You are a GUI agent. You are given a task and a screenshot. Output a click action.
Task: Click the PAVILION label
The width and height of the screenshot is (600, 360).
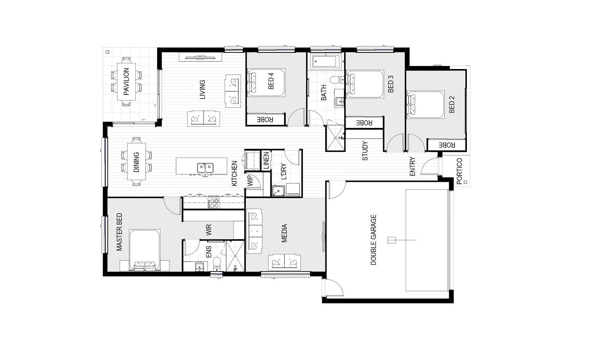click(126, 81)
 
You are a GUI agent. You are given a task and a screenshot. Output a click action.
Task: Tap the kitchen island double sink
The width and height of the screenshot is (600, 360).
click(205, 168)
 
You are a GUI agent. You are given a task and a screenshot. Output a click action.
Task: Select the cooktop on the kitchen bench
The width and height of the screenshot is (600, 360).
click(214, 203)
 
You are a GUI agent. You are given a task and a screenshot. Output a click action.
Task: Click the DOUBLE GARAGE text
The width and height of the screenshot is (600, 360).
click(373, 240)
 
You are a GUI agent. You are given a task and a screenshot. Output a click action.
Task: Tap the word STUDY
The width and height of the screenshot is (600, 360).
click(365, 151)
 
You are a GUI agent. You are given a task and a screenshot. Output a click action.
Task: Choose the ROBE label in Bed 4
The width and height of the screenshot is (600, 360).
click(265, 120)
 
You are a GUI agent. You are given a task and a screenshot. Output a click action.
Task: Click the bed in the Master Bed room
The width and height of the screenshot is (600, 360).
click(145, 250)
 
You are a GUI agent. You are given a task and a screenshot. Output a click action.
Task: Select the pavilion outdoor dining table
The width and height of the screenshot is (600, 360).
click(126, 81)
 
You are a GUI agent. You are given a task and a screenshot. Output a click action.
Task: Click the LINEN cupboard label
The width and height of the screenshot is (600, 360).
click(266, 160)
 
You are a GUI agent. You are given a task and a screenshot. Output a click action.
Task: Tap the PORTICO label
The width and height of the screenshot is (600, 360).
click(459, 171)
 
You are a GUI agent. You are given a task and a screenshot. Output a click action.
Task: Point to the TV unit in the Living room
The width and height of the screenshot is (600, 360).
click(200, 57)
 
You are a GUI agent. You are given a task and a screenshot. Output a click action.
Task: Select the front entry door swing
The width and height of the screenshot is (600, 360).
click(429, 166)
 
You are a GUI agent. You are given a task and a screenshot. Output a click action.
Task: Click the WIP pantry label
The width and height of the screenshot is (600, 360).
click(250, 180)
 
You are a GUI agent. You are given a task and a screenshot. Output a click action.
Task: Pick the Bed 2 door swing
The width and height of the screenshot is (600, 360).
click(416, 143)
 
